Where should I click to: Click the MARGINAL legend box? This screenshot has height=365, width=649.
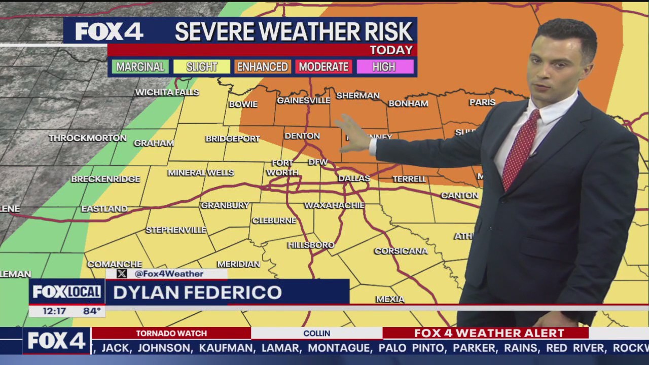click(140, 67)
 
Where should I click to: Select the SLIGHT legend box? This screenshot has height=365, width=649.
click(201, 67)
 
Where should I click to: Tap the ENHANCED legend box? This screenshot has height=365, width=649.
click(262, 67)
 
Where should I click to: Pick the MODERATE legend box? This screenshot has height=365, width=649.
click(323, 67)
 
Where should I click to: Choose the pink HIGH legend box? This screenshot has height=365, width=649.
click(385, 67)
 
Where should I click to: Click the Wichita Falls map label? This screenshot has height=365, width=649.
click(167, 92)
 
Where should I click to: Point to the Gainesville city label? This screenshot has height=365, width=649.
click(303, 100)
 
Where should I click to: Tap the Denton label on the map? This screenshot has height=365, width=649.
click(302, 136)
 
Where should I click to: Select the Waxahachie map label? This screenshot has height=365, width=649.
click(334, 205)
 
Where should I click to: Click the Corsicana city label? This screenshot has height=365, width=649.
click(401, 251)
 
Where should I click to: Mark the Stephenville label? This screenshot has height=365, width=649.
click(176, 230)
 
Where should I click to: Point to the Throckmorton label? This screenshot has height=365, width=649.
click(88, 138)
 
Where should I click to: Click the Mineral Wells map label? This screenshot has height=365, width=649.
click(201, 173)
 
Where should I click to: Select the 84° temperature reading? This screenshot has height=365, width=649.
click(92, 311)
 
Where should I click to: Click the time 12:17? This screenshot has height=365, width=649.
click(54, 311)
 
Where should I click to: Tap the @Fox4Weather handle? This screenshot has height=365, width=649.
click(169, 274)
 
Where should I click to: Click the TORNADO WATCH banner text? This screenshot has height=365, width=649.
click(171, 333)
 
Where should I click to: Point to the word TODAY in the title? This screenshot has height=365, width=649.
click(391, 50)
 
